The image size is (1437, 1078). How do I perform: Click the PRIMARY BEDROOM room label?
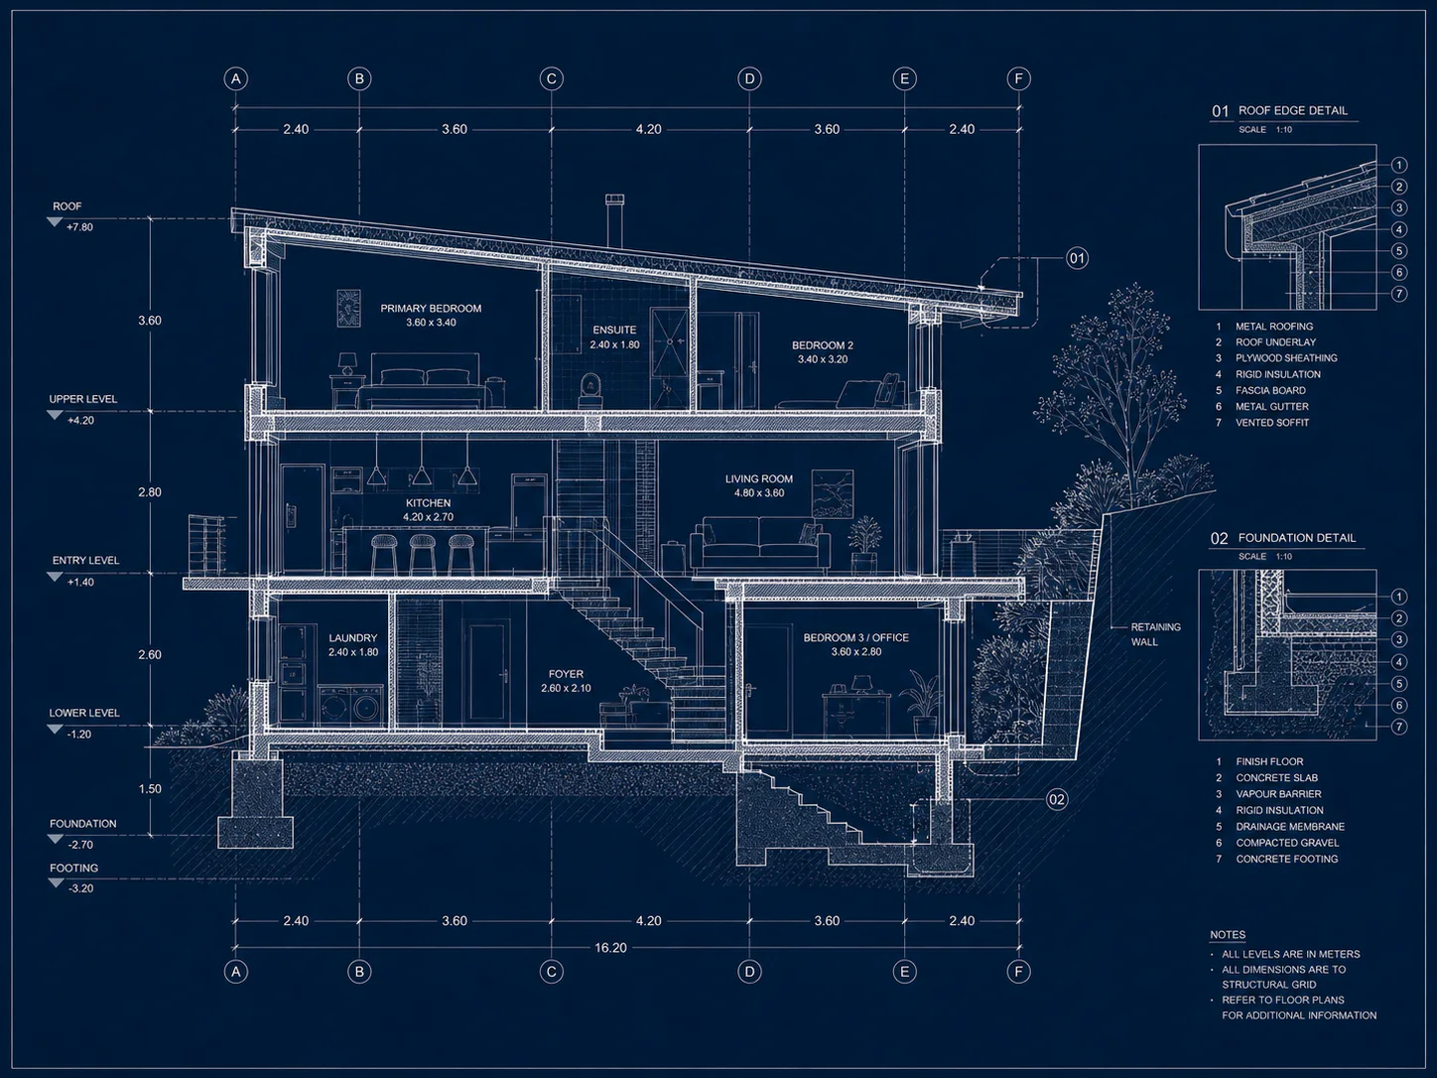tap(431, 309)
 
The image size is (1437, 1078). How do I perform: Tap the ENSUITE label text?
tap(614, 330)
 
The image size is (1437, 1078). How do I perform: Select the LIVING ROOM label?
tap(759, 479)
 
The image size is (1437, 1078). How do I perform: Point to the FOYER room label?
tap(566, 674)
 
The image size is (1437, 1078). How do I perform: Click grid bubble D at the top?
tap(749, 79)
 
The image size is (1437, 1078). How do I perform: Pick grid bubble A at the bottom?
tap(235, 972)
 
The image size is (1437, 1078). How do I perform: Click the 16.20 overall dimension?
tap(610, 948)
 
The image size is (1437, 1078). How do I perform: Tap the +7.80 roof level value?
tap(79, 227)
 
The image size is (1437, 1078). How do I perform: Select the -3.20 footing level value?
tap(80, 888)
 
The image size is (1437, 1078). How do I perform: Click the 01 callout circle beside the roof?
tap(1077, 258)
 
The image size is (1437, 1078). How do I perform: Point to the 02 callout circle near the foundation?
tap(1057, 799)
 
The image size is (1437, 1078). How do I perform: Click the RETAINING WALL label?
tap(1155, 634)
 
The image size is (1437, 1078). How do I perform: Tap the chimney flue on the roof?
tap(614, 222)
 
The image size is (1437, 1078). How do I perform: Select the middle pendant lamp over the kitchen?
tap(421, 474)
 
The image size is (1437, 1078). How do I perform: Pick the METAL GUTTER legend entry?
tap(1272, 406)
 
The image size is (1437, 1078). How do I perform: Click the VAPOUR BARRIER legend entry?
tap(1278, 794)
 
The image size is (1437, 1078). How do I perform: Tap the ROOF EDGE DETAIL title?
tap(1293, 110)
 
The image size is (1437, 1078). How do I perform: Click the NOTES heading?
tap(1228, 935)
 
